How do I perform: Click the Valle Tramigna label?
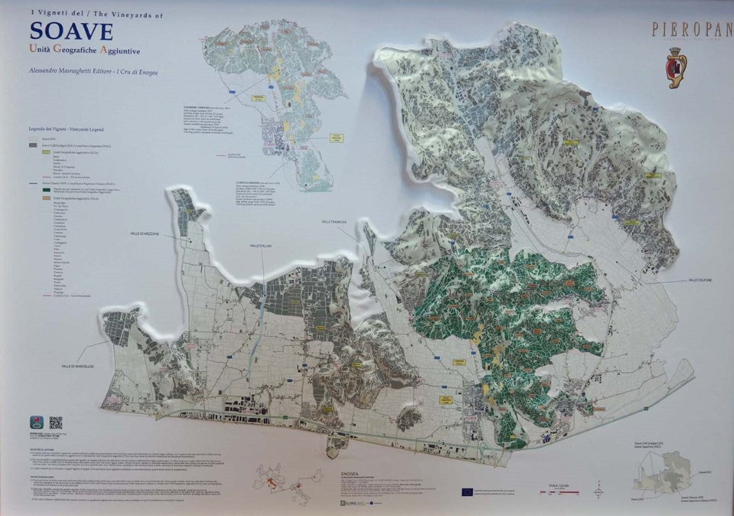click(334, 222)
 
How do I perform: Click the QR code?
click(56, 422)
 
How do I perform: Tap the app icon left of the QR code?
click(38, 423)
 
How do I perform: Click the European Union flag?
click(467, 492)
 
